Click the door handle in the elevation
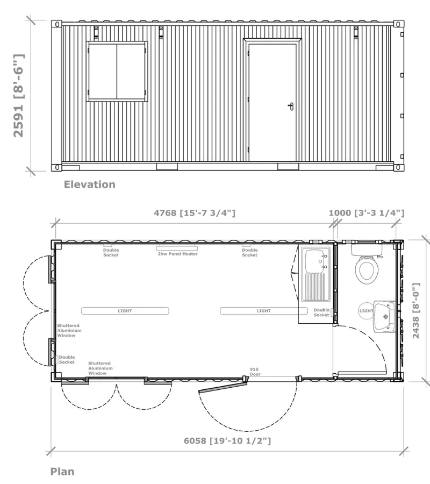pos(291,106)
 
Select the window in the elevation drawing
pos(117,72)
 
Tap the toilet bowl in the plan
pos(367,269)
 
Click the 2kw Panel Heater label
pos(178,254)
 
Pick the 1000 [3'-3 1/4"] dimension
pos(366,213)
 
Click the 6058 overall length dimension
pos(227,440)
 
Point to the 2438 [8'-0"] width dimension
pos(416,310)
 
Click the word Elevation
pos(89,184)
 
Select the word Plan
pos(62,471)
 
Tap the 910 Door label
pos(255,372)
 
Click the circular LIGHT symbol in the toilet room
pos(366,310)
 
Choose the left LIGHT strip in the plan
pos(125,311)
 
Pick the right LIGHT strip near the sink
pos(264,311)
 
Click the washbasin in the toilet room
pos(384,317)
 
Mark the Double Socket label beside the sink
pos(321,312)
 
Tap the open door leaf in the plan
pos(223,387)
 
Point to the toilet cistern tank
pos(367,250)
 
